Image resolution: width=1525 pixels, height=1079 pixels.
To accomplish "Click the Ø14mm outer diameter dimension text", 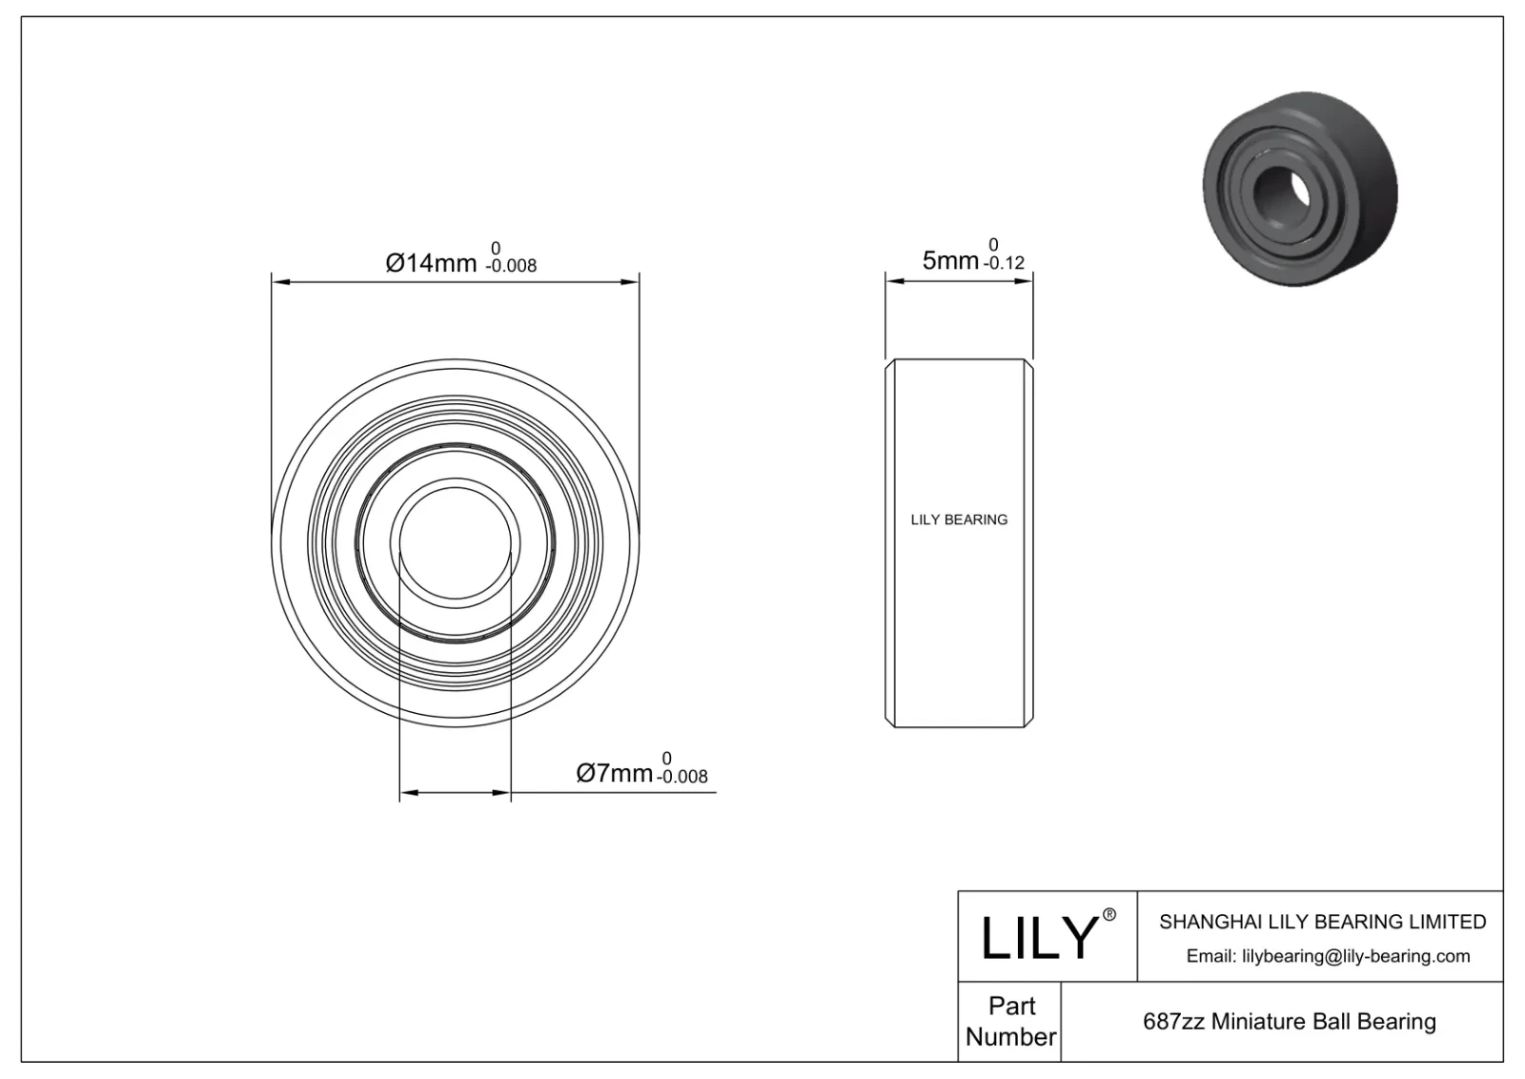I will coord(431,262).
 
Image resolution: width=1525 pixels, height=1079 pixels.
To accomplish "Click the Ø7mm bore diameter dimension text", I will coord(615,773).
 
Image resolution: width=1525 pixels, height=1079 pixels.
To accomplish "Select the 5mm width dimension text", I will coord(949,259).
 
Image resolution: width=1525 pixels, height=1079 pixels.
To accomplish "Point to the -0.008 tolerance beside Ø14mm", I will coord(511,267).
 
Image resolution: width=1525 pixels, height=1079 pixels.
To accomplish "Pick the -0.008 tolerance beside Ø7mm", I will coord(682,778).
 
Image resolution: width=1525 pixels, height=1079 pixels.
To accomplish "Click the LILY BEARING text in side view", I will coord(959,519).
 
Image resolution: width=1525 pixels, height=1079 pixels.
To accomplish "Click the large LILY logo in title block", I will coord(1039,937).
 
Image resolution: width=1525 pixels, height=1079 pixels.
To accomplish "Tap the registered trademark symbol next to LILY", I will coord(1108,915).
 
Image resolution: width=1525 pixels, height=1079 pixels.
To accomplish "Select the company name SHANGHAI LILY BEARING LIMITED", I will coord(1322,922).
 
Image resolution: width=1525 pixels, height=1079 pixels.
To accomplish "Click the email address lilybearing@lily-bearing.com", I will coord(1328,956).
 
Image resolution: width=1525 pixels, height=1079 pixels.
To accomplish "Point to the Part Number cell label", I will coord(1010,1021).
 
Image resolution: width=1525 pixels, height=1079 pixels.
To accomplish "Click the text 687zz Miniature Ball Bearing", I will coord(1289,1021).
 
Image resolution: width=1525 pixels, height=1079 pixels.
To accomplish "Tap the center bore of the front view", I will coord(456,543).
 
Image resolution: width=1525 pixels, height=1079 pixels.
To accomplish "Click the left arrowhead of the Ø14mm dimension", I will coord(279,281).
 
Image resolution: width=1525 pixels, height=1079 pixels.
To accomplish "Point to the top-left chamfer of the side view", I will coord(890,364).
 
